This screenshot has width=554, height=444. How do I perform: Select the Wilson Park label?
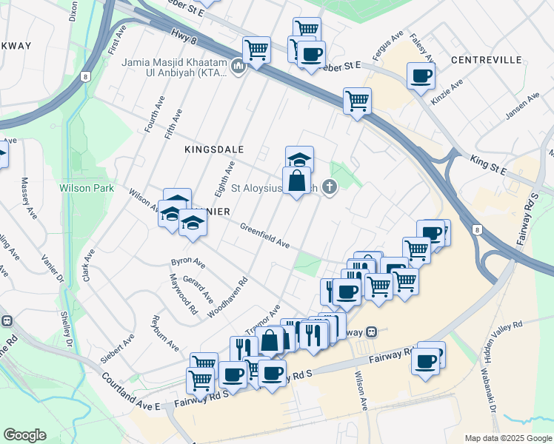click(x=87, y=188)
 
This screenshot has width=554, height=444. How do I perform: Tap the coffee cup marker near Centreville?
click(x=421, y=75)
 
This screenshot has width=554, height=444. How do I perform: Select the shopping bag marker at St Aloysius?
click(x=296, y=181)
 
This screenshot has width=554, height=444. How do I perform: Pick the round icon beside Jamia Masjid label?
click(x=238, y=67)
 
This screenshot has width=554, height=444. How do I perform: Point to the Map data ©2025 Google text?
click(x=507, y=438)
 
